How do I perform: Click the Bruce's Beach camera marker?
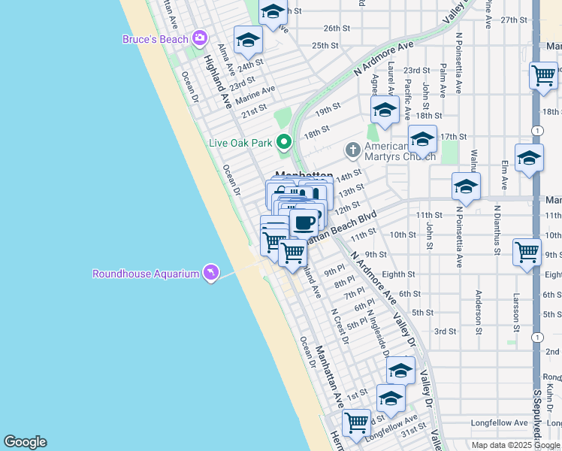point(200,38)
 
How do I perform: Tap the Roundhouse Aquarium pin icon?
point(212,273)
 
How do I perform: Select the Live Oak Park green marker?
point(283,141)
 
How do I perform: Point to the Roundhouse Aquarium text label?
point(146,274)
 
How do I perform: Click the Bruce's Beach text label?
point(156,39)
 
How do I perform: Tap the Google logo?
point(25,442)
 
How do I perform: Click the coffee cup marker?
point(304,223)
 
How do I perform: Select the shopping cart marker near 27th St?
point(543,75)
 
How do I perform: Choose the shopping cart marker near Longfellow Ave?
point(356,422)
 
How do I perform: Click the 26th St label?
point(332,29)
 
